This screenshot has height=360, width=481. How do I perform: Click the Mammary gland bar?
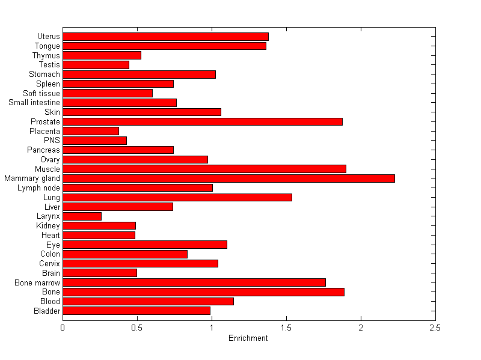pos(228,178)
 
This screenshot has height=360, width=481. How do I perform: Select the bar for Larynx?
pos(82,216)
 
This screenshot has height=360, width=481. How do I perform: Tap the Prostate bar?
pos(203,121)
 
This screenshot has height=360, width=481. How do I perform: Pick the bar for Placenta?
pos(91,131)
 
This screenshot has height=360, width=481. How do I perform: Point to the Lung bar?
pos(177,197)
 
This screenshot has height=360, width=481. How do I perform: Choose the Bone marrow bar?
pos(194,282)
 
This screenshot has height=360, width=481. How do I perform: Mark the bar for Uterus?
pos(165,37)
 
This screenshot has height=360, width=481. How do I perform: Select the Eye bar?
pos(145,245)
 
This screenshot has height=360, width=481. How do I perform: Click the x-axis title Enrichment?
pos(248,338)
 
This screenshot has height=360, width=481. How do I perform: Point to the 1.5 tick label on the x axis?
pos(286,328)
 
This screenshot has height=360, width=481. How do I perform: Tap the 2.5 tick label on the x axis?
pos(435,328)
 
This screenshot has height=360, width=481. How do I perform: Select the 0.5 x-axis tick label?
pos(137,328)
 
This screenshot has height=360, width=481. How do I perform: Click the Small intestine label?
pos(34,103)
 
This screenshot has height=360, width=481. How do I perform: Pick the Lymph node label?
pos(39,188)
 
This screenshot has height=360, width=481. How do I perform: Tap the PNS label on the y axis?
pos(52,141)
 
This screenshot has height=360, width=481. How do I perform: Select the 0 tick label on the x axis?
pos(63,328)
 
